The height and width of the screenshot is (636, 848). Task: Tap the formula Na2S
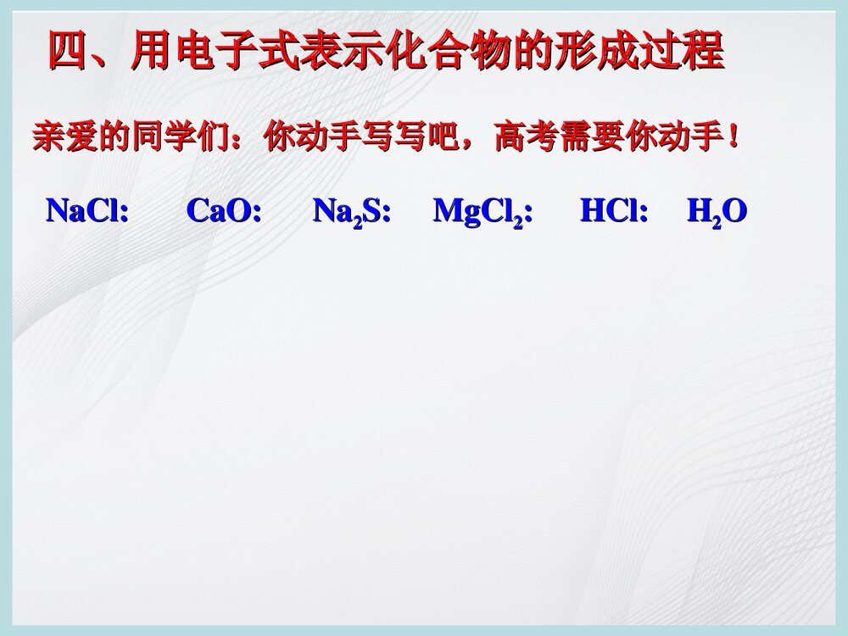click(x=348, y=212)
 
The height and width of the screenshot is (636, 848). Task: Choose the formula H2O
click(x=717, y=212)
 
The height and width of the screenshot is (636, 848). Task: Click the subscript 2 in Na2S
click(x=358, y=223)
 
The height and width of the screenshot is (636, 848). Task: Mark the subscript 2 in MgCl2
click(x=518, y=223)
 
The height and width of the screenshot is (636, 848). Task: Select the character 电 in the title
click(x=196, y=51)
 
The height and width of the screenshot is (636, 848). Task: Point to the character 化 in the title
click(x=407, y=51)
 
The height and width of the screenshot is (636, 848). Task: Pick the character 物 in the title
click(x=492, y=51)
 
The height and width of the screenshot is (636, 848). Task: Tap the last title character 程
click(x=703, y=51)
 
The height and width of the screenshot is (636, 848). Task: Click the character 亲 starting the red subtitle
click(x=48, y=137)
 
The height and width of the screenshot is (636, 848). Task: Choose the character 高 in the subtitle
click(x=510, y=137)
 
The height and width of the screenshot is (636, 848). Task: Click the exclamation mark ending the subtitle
click(x=733, y=137)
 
